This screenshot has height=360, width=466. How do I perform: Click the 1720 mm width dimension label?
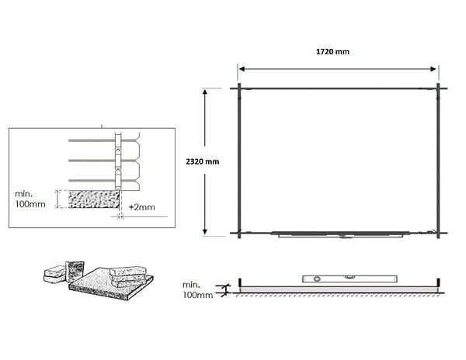point(332,52)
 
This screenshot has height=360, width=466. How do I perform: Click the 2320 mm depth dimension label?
point(203,161)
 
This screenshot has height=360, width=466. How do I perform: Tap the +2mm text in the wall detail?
point(142,207)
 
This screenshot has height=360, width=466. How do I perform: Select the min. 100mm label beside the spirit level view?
point(197,290)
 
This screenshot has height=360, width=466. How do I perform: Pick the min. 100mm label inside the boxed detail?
point(30,199)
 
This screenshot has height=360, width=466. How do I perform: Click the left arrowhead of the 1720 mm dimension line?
point(242,69)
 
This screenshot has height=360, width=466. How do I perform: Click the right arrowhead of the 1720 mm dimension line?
point(433,69)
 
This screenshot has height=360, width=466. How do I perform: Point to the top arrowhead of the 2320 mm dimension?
point(205,92)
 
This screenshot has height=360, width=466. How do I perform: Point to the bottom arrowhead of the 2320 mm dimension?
point(205,231)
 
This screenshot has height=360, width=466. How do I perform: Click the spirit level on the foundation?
point(349,279)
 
